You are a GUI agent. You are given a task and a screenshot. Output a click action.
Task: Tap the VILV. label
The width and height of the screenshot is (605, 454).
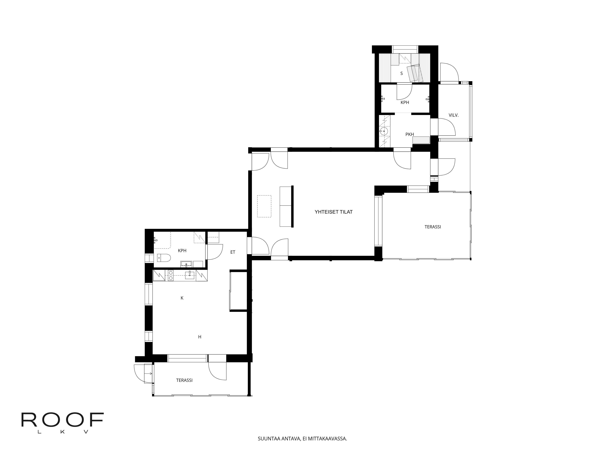coord(453,115)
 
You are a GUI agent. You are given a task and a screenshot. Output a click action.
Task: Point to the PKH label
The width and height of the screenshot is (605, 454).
coord(409,134)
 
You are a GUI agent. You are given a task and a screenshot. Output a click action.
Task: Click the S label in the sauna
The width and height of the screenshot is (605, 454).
coord(402,73)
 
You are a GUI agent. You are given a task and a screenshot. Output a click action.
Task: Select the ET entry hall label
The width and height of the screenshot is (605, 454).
coord(233,252)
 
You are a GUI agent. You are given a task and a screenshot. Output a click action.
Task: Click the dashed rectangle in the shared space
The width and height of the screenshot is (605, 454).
coord(264,206)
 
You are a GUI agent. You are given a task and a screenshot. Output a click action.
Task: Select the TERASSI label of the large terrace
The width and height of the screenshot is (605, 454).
coord(433,227)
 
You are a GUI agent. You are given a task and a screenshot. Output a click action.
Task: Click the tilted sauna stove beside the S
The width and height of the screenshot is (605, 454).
coord(415,73)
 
